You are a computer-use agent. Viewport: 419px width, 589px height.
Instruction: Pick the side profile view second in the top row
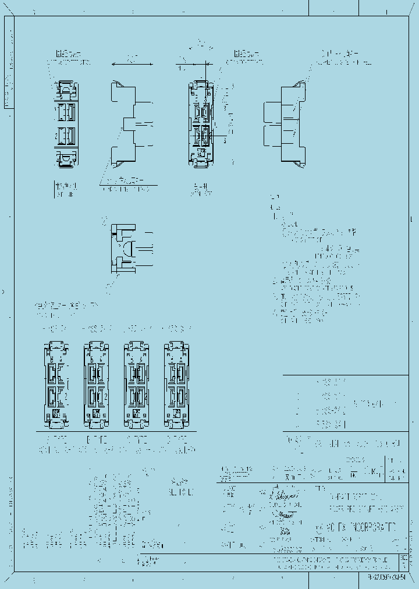tap(132, 125)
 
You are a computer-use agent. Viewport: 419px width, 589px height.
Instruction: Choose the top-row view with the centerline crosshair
tap(202, 125)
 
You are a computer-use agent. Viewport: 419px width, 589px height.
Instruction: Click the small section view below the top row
tap(131, 249)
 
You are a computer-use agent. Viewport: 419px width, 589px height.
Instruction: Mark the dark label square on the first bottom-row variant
tap(56, 413)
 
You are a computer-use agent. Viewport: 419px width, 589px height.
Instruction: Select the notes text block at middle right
tap(314, 262)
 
